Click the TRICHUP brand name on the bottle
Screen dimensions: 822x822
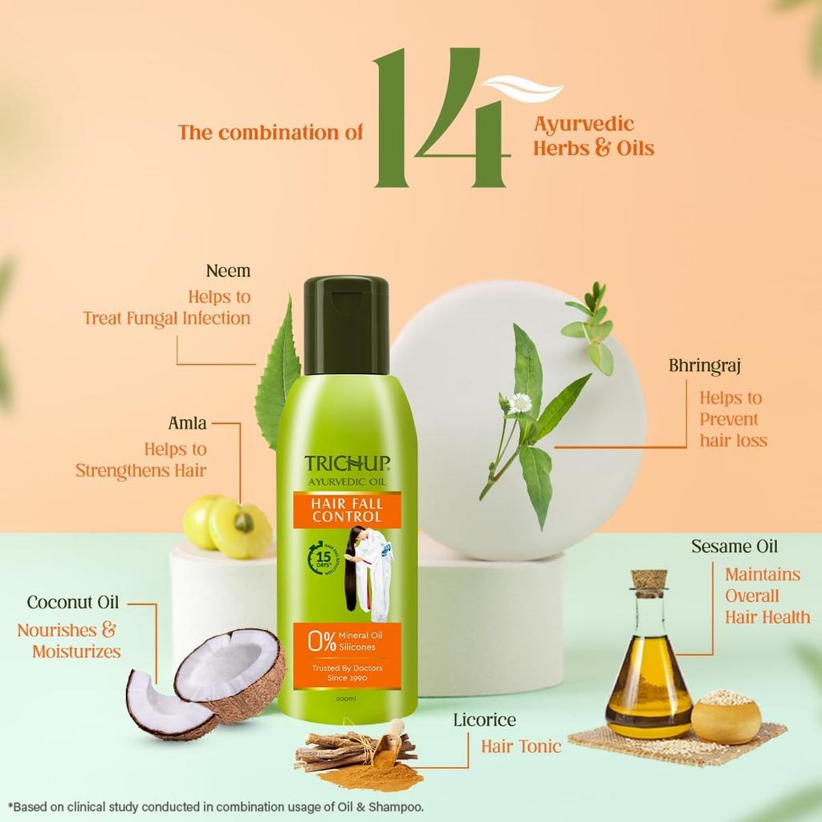tap(347, 463)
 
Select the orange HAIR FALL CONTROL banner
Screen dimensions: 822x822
tap(347, 511)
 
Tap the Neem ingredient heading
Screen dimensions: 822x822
tap(228, 271)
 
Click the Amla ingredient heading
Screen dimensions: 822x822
tap(187, 423)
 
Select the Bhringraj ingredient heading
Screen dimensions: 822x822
tap(704, 366)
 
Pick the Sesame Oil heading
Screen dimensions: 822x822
tap(735, 547)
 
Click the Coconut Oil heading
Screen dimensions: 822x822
tap(72, 602)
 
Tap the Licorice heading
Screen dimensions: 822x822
tap(483, 720)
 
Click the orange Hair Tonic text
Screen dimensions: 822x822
tap(521, 747)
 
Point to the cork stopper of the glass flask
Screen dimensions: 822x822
tap(648, 580)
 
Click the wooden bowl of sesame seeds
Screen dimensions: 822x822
tap(726, 716)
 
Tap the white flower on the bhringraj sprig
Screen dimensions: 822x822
tap(520, 403)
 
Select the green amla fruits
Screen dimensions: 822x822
tap(227, 526)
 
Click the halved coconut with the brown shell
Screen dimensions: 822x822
tap(230, 673)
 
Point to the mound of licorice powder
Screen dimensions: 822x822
tap(384, 775)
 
